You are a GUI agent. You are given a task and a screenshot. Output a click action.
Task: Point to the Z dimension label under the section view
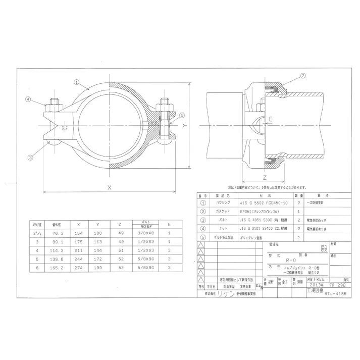coord(264,177)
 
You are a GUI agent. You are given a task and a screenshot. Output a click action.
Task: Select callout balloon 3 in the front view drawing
coord(31,157)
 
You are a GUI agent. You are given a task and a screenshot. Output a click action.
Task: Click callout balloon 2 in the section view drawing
coord(303,76)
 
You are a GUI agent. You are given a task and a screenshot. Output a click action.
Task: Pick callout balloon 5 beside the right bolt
coord(181,115)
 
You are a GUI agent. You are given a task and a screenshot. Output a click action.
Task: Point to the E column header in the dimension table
coord(169,224)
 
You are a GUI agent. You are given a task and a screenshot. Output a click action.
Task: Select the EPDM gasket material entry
coord(258,211)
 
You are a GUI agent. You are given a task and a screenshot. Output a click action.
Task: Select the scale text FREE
coord(318,279)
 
